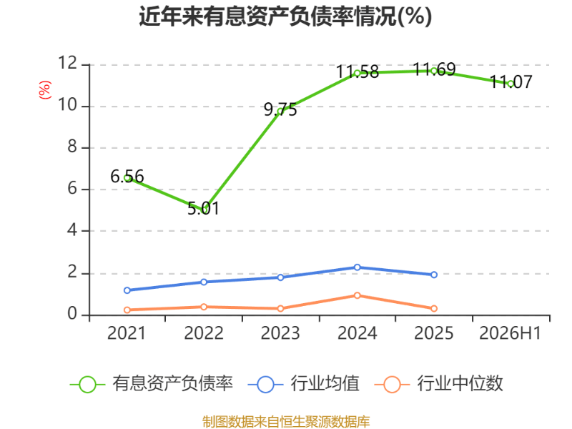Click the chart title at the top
coord(285,16)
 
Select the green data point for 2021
coord(127,178)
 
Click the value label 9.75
coord(280,110)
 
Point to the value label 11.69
coord(435,69)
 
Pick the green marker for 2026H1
coord(511,84)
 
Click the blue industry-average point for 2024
coord(357,267)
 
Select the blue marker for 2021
coord(127,290)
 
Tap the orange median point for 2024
coord(357,295)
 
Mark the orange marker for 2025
coord(434,309)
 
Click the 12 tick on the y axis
coord(68,64)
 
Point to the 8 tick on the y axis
coord(72,147)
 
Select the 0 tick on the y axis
coord(72,314)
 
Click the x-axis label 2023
coord(280,333)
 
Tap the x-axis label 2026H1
coord(510,333)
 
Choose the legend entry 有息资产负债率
coord(152,384)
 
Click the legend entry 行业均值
coord(303,384)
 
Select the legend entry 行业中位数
coord(439,384)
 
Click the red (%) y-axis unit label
coord(45,90)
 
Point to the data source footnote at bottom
coord(286,422)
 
